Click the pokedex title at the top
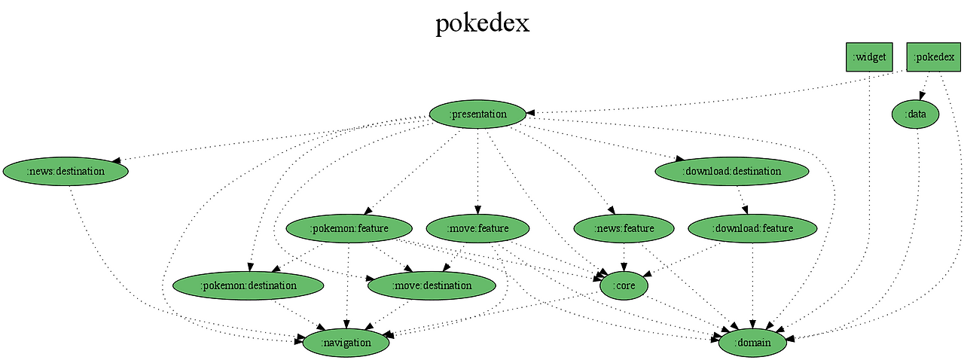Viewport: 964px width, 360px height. tap(482, 23)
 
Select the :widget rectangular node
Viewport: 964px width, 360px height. tap(869, 57)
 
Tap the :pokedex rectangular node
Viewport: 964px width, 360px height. tap(933, 57)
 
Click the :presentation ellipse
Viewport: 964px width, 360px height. tap(477, 114)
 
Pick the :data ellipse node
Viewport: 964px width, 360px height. tap(915, 114)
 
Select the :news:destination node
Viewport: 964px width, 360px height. tap(66, 172)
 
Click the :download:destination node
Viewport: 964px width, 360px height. tap(732, 172)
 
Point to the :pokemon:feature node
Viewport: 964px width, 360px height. tap(349, 228)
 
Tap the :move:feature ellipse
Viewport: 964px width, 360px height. tap(478, 228)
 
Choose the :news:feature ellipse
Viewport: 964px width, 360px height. tap(624, 228)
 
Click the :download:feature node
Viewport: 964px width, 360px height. tap(753, 228)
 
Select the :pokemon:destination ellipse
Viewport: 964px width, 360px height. tap(249, 286)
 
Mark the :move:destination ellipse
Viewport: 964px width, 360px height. tap(432, 286)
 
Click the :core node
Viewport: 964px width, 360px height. tap(624, 286)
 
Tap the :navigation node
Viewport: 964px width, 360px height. tap(346, 343)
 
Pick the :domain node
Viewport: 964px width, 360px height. tap(753, 343)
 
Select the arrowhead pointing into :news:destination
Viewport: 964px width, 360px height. tap(116, 160)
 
